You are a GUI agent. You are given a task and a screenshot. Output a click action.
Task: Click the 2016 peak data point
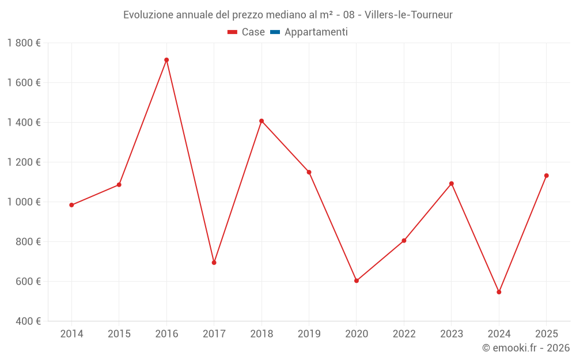click(x=166, y=60)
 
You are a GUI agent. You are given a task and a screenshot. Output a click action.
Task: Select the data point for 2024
click(x=499, y=292)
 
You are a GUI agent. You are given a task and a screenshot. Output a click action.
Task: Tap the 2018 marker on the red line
click(x=262, y=121)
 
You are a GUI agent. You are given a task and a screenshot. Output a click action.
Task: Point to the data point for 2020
click(x=357, y=281)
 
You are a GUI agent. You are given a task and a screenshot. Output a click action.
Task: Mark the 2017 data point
click(x=214, y=263)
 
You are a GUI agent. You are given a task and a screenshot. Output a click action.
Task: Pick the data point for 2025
click(x=547, y=176)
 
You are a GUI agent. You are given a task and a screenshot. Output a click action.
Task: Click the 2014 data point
click(x=71, y=205)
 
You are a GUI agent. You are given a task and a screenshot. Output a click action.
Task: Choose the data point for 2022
click(x=404, y=241)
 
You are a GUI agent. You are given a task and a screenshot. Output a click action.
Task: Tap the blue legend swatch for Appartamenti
click(x=275, y=32)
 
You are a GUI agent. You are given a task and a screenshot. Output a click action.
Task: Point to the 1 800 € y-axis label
click(x=24, y=43)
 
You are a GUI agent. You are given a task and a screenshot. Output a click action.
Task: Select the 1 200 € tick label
click(x=24, y=162)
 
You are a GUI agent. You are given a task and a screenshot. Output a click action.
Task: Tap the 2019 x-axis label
click(x=309, y=334)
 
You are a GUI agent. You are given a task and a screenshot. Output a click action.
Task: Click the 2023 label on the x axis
click(x=452, y=334)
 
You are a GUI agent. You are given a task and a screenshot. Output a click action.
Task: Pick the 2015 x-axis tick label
click(x=119, y=334)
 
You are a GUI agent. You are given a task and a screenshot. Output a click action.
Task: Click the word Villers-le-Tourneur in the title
click(x=409, y=15)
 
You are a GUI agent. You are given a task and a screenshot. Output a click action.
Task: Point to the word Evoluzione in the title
click(x=148, y=15)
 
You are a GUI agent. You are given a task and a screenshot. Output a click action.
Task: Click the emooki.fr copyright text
click(x=526, y=348)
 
